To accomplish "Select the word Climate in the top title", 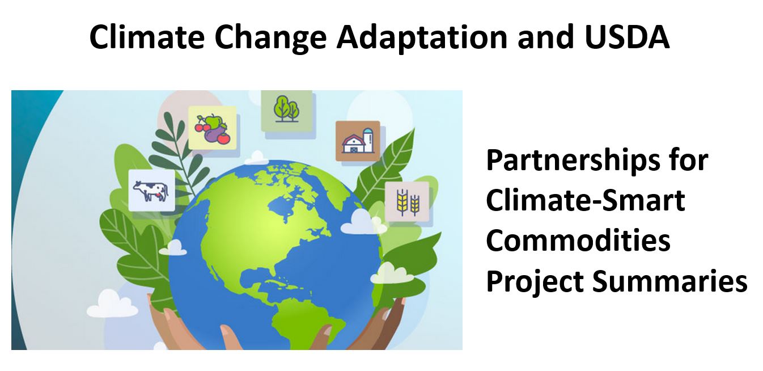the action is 147,37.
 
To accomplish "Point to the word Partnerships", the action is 575,162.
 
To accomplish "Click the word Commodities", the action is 578,241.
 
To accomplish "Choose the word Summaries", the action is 669,281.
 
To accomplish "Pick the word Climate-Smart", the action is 586,200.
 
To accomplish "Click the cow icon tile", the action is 151,191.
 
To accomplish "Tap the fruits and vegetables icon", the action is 212,128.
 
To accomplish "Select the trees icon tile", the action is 286,110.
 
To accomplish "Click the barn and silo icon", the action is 358,141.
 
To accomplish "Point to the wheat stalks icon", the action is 407,202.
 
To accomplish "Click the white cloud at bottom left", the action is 112,304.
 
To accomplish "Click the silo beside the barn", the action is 368,140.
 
